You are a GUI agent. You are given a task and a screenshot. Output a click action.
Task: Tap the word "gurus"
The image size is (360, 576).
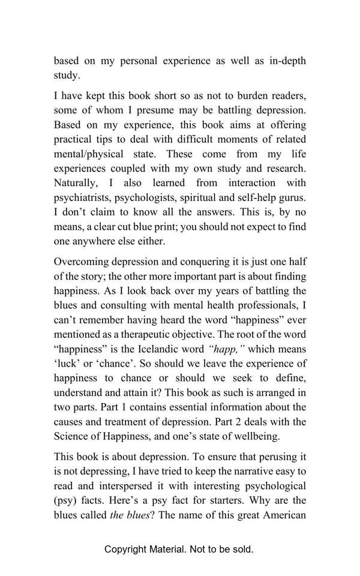pyautogui.click(x=291, y=197)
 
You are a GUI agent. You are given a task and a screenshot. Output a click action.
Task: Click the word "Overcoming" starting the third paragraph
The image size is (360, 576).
pyautogui.click(x=81, y=262)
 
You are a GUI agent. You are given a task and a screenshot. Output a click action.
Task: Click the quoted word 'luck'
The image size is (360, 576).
pyautogui.click(x=67, y=363)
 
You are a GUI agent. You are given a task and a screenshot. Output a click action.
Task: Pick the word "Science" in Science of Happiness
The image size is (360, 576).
pyautogui.click(x=72, y=436)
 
